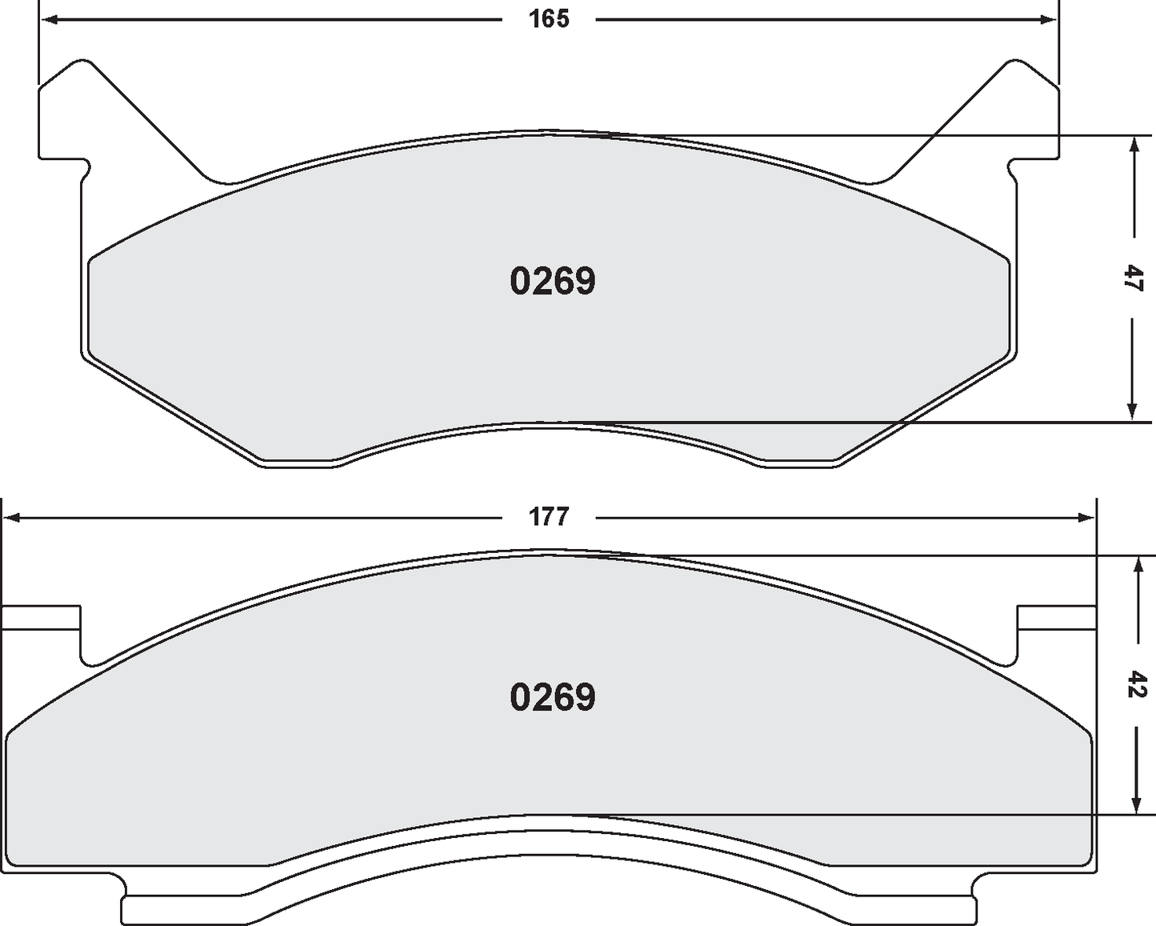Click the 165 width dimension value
pos(549,19)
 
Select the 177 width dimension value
pos(549,517)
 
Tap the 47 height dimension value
pos(1133,279)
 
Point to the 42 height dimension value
pos(1135,685)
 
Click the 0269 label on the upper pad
pos(553,282)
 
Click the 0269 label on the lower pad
pos(553,698)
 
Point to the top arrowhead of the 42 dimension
pos(1135,565)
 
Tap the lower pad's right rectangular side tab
pos(1056,617)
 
